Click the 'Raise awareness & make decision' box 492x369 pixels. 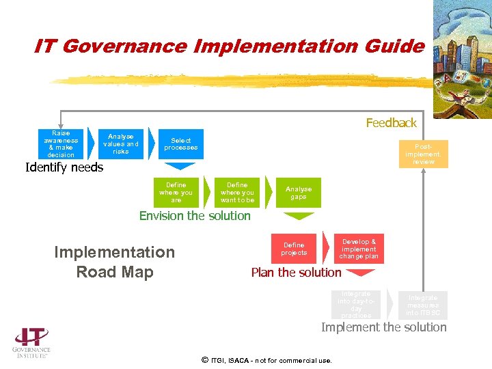tap(61, 144)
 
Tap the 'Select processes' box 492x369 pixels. tap(181, 144)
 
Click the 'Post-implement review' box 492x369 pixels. tap(423, 154)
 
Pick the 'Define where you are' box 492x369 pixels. tap(176, 193)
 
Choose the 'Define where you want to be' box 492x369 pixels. tap(237, 193)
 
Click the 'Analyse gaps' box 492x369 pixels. tap(299, 193)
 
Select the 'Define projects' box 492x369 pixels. tap(295, 249)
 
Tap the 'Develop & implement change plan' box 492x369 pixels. tap(359, 249)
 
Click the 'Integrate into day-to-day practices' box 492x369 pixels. tap(356, 305)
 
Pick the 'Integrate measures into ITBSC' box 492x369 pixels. tap(423, 305)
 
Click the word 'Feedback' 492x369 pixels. tap(391, 123)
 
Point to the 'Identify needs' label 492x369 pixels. tap(64, 167)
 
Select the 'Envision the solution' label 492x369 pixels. tap(195, 216)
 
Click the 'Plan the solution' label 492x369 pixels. tap(296, 273)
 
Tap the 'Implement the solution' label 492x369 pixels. tap(384, 327)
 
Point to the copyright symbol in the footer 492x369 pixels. tap(204, 359)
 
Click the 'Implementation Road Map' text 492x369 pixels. tap(115, 262)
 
